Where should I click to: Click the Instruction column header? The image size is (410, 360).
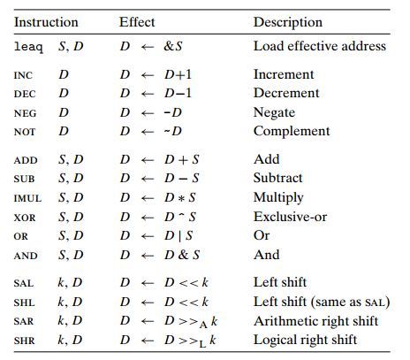coord(46,22)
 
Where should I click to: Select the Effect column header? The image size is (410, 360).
coord(137,22)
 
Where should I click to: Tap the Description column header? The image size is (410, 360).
coord(288,23)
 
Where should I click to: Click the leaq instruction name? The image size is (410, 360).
coord(28,47)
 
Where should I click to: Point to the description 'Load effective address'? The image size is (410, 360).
coord(320,46)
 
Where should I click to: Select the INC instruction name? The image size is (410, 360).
coord(23,75)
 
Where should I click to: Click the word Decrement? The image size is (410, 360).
coord(286,93)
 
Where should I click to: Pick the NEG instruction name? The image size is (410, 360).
coord(25,113)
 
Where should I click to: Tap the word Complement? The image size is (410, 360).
coord(292,132)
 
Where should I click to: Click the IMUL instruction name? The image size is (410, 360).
coord(27,198)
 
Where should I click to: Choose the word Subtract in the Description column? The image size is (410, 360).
coord(277,178)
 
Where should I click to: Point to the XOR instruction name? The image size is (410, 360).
coord(25,218)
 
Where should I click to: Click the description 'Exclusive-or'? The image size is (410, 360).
coord(290,217)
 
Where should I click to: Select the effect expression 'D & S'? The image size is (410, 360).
coord(182,255)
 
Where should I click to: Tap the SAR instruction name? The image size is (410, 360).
coord(24,321)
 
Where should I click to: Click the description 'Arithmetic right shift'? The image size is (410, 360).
coord(315,321)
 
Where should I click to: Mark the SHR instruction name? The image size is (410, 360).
coord(24,341)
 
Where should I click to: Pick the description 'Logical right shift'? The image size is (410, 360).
coord(305,340)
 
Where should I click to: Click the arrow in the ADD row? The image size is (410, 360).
coord(148,160)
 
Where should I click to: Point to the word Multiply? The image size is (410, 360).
coord(278,198)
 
